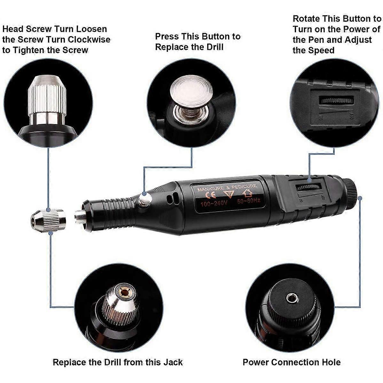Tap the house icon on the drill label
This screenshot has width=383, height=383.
247,193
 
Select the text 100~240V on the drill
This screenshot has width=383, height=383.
213,204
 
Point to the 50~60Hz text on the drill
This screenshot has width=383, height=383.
249,201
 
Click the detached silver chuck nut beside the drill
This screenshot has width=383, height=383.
48,220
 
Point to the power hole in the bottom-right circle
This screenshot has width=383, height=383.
292,298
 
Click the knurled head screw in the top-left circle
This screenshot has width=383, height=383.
47,93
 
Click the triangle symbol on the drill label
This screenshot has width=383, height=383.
229,194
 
